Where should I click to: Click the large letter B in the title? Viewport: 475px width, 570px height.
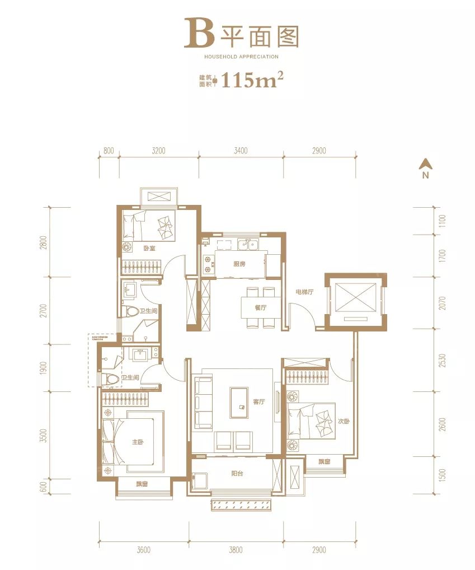(x=199, y=33)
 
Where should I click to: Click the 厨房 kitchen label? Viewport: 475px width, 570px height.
(x=239, y=264)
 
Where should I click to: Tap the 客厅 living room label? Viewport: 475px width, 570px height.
(x=258, y=401)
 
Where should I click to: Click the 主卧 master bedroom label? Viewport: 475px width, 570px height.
(x=138, y=442)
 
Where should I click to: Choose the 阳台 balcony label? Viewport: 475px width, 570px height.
(x=237, y=473)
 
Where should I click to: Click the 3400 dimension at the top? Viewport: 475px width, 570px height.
(x=241, y=151)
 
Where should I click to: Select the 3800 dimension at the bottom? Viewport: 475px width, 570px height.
(x=236, y=550)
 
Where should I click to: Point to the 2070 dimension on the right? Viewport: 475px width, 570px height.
(x=442, y=303)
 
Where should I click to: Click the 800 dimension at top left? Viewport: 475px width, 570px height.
(x=109, y=151)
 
